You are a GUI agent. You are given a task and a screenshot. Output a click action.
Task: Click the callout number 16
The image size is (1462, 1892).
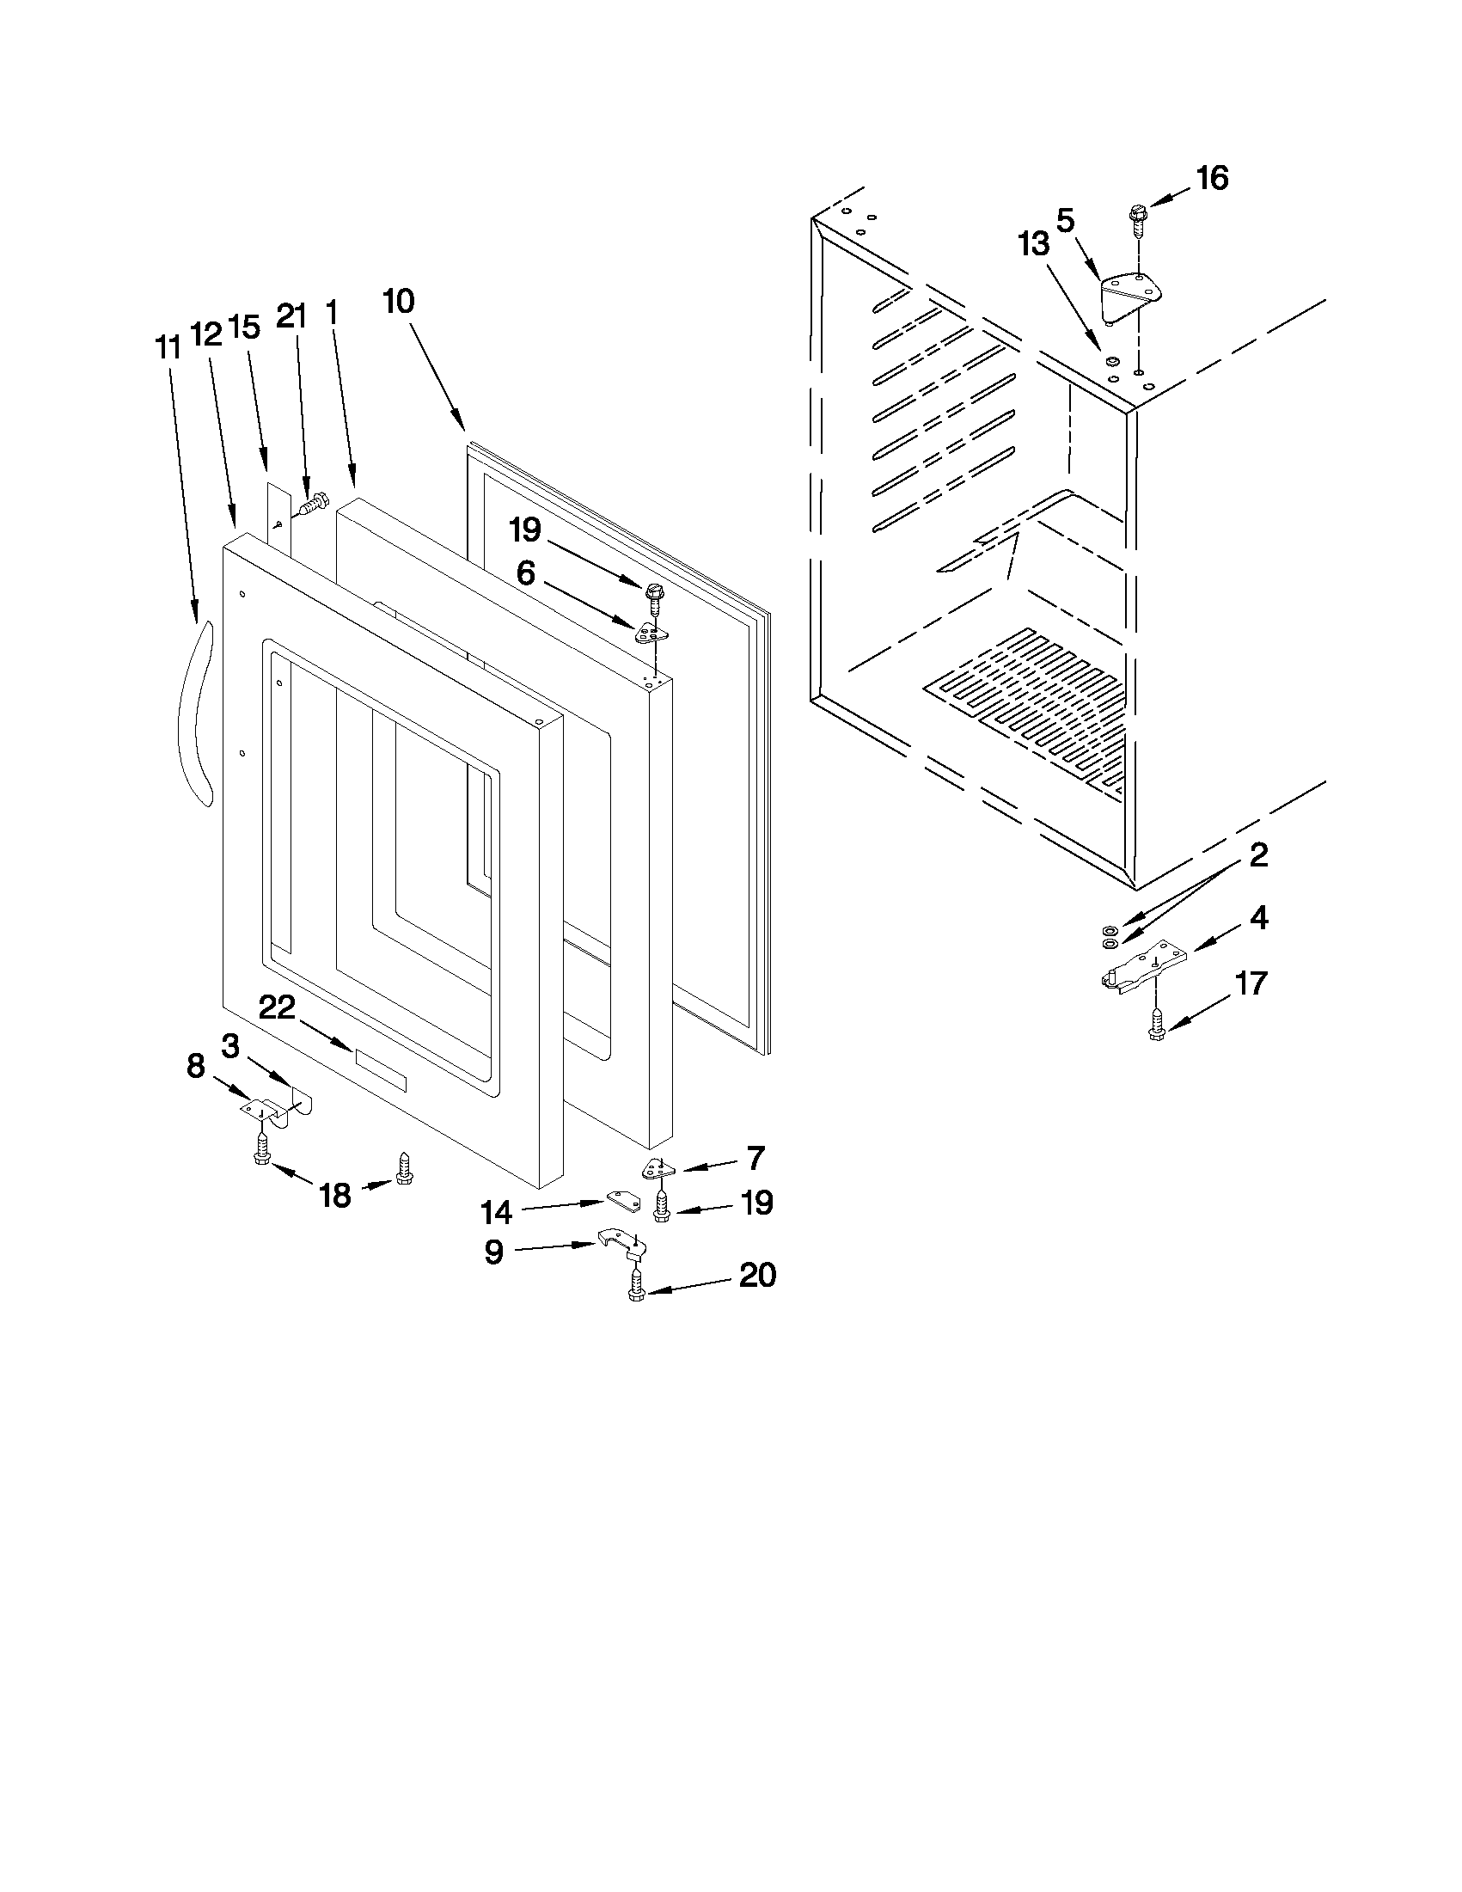(x=1212, y=178)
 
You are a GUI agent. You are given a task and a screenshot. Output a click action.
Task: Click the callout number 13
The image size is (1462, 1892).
(x=1033, y=245)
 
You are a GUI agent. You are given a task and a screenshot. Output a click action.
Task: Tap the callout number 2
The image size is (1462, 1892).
(x=1258, y=856)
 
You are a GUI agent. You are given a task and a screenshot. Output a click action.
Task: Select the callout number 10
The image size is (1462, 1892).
(x=400, y=303)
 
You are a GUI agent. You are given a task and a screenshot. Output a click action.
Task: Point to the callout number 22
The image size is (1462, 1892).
(x=277, y=1007)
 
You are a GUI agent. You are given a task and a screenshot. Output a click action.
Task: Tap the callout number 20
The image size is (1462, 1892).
(x=757, y=1276)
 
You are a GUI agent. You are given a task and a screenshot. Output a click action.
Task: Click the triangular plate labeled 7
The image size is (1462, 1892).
(x=658, y=1170)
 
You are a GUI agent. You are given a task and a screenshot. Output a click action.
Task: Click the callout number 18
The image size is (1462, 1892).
(x=335, y=1196)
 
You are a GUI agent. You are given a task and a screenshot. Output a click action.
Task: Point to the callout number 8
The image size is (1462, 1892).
(x=196, y=1067)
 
